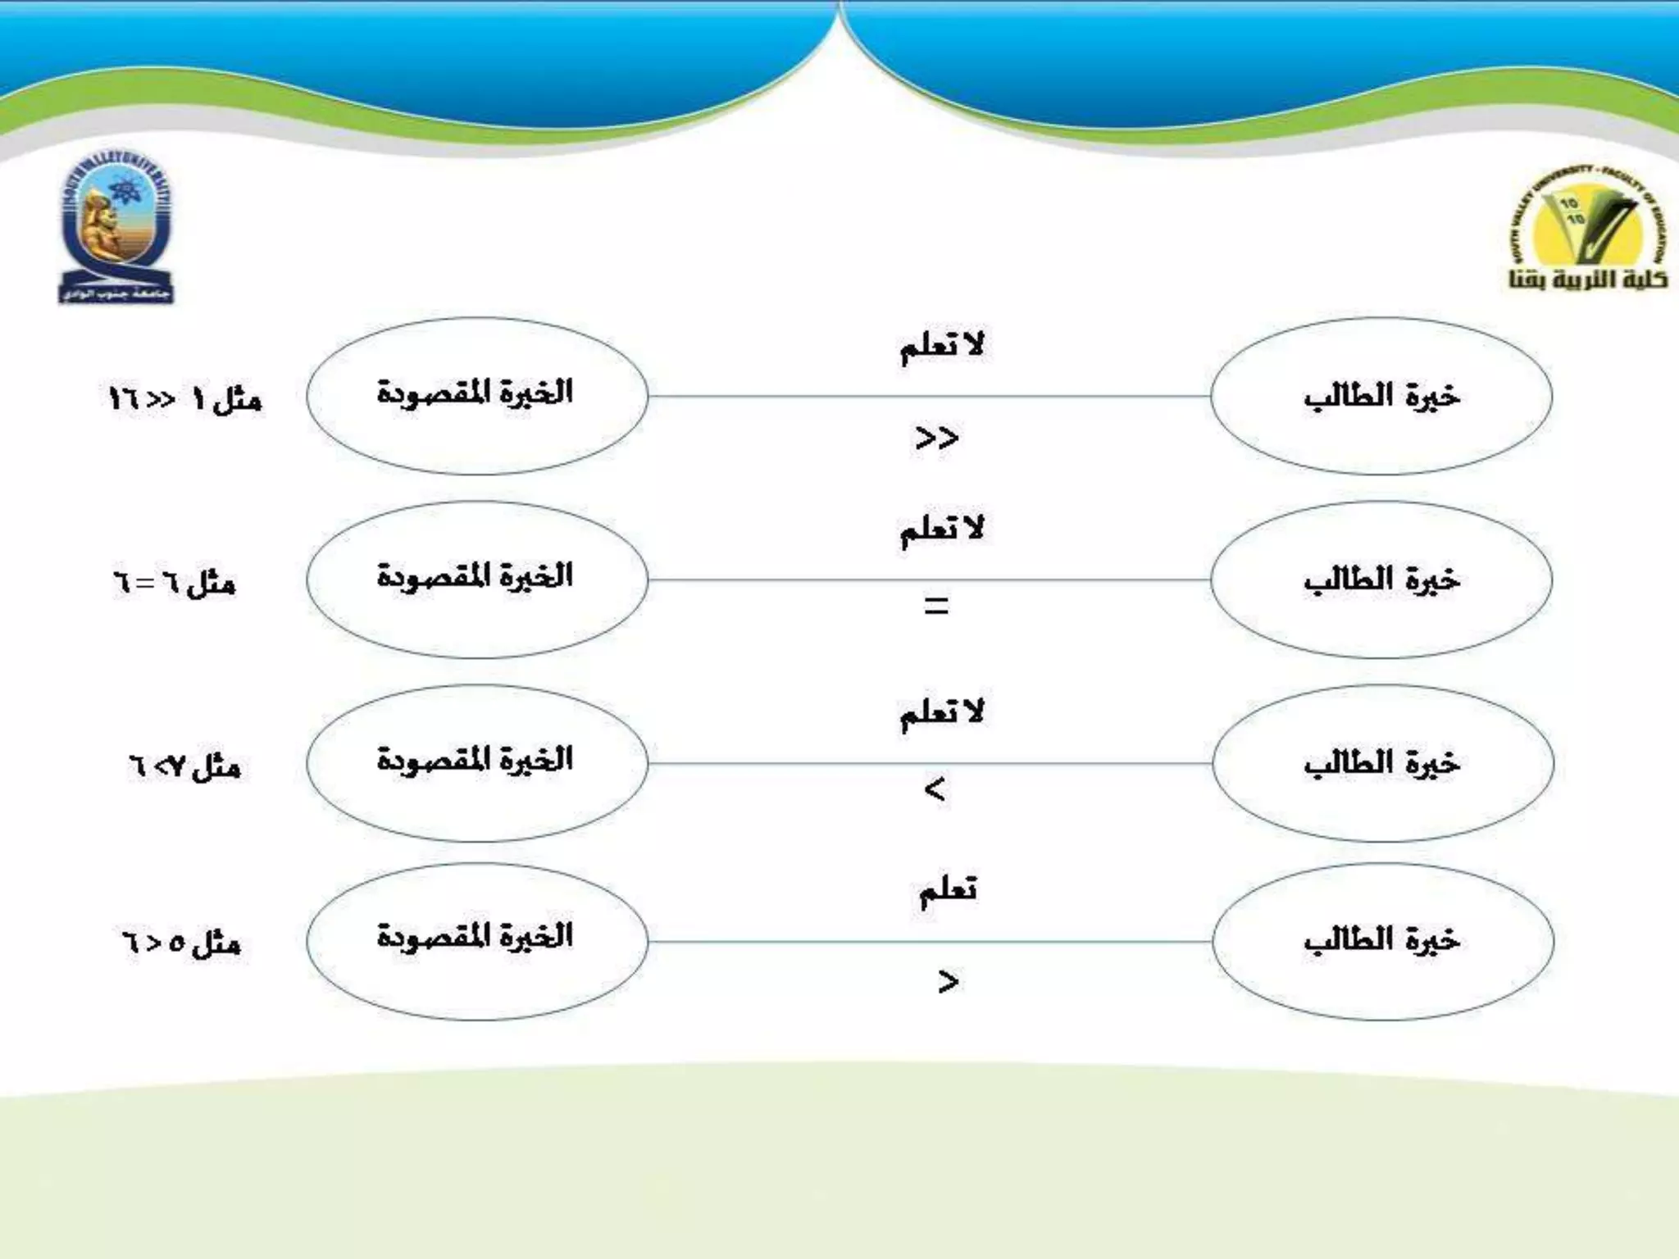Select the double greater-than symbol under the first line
(937, 439)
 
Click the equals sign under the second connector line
(936, 607)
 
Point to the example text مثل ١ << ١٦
(186, 400)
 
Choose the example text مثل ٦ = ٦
(175, 584)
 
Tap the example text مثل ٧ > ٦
(184, 767)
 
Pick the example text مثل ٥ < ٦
(181, 943)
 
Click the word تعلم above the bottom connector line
(948, 891)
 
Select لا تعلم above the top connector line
(942, 347)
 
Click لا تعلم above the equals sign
(942, 530)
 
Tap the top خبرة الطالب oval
(1381, 397)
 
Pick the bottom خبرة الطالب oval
(1383, 941)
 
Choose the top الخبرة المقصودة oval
(477, 396)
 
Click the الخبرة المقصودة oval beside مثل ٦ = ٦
(477, 580)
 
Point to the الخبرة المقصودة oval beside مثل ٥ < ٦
(477, 941)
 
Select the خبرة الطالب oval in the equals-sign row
(1381, 580)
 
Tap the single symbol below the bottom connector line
(948, 981)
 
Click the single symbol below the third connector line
(935, 790)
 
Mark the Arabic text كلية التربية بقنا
(1588, 280)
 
